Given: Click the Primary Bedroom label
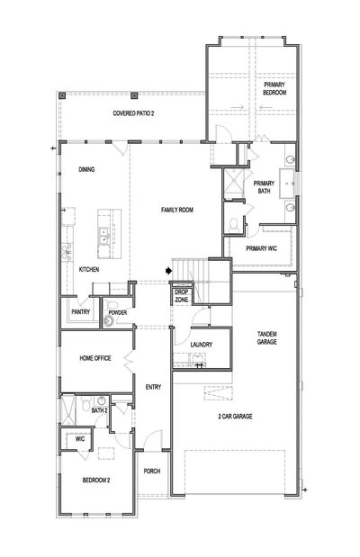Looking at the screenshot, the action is click(x=274, y=88).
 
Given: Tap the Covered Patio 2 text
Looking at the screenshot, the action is click(x=133, y=113).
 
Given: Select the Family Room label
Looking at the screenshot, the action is click(x=177, y=210).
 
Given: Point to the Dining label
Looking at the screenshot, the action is click(x=86, y=169).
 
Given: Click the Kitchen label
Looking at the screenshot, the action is click(x=89, y=270).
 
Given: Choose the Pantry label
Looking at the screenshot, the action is click(x=81, y=312).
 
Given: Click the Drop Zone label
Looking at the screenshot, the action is click(x=182, y=296).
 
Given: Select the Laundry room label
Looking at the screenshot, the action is click(x=201, y=345).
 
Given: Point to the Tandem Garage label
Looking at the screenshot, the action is click(x=267, y=337).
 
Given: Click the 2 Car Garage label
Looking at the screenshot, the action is click(x=235, y=416).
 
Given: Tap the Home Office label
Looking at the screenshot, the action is click(x=95, y=358).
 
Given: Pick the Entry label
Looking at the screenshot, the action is click(x=153, y=387).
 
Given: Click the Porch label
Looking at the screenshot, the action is click(x=152, y=471).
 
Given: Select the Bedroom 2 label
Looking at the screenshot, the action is click(x=96, y=481).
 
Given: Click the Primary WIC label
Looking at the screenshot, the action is click(x=261, y=248).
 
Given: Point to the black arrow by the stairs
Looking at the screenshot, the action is click(x=168, y=271).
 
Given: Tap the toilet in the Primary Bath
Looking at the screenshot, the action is click(x=233, y=225).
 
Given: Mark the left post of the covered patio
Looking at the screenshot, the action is click(x=62, y=95).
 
